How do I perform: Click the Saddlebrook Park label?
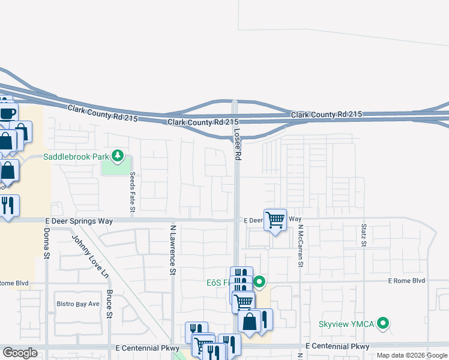tap(77, 157)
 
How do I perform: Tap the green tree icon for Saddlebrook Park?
tap(118, 157)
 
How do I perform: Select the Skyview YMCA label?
tap(346, 324)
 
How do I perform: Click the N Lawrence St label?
tap(172, 249)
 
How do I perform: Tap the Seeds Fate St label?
tap(132, 193)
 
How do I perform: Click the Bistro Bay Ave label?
tap(77, 304)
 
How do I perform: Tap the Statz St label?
tap(364, 235)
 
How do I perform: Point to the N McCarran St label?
tap(301, 246)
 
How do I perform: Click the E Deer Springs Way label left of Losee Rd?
tap(79, 221)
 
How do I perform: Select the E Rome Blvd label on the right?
tap(406, 281)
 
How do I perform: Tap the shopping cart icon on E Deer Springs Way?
tap(275, 220)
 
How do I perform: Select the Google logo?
tap(20, 353)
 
